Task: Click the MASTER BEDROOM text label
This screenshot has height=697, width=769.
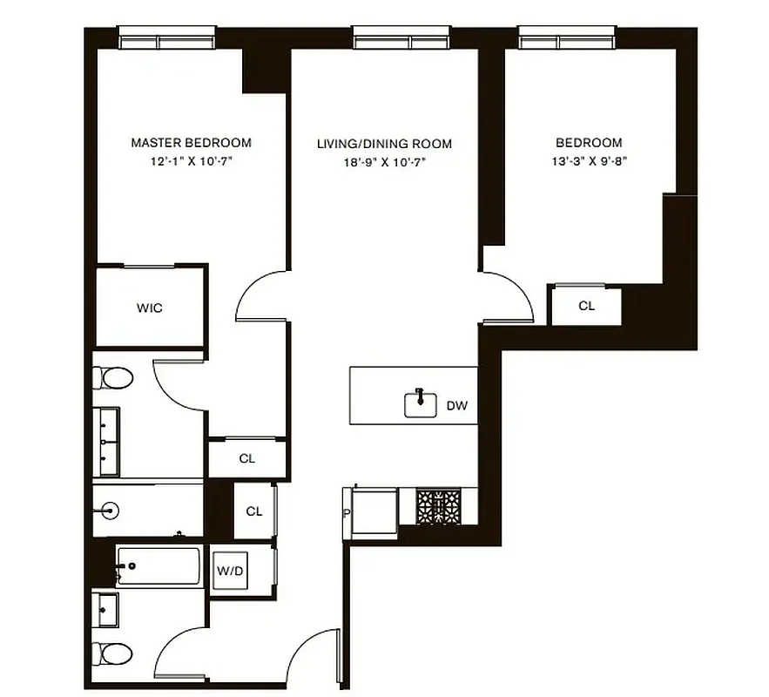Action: click(x=191, y=142)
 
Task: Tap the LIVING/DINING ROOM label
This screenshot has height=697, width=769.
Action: click(x=384, y=144)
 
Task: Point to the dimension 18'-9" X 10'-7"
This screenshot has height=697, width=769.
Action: click(x=384, y=162)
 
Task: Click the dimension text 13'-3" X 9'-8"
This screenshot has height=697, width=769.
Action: click(x=589, y=161)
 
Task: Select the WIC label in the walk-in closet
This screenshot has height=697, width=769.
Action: click(x=149, y=308)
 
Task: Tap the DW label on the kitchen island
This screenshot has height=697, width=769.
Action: click(x=456, y=405)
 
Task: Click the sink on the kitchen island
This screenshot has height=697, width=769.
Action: click(x=420, y=403)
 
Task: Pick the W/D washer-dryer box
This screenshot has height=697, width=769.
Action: click(x=230, y=572)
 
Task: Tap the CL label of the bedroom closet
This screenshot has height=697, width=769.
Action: click(x=586, y=306)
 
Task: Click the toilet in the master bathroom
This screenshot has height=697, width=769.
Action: click(x=114, y=378)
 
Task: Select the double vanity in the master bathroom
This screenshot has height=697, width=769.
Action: click(x=109, y=442)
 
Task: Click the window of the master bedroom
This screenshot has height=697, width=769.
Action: click(x=166, y=38)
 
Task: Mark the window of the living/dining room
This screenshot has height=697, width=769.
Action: click(x=401, y=38)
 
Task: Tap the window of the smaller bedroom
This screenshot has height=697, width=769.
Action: click(x=568, y=38)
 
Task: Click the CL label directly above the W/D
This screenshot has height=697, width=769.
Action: click(x=253, y=511)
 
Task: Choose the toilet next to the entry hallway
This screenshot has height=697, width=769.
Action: click(x=113, y=653)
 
